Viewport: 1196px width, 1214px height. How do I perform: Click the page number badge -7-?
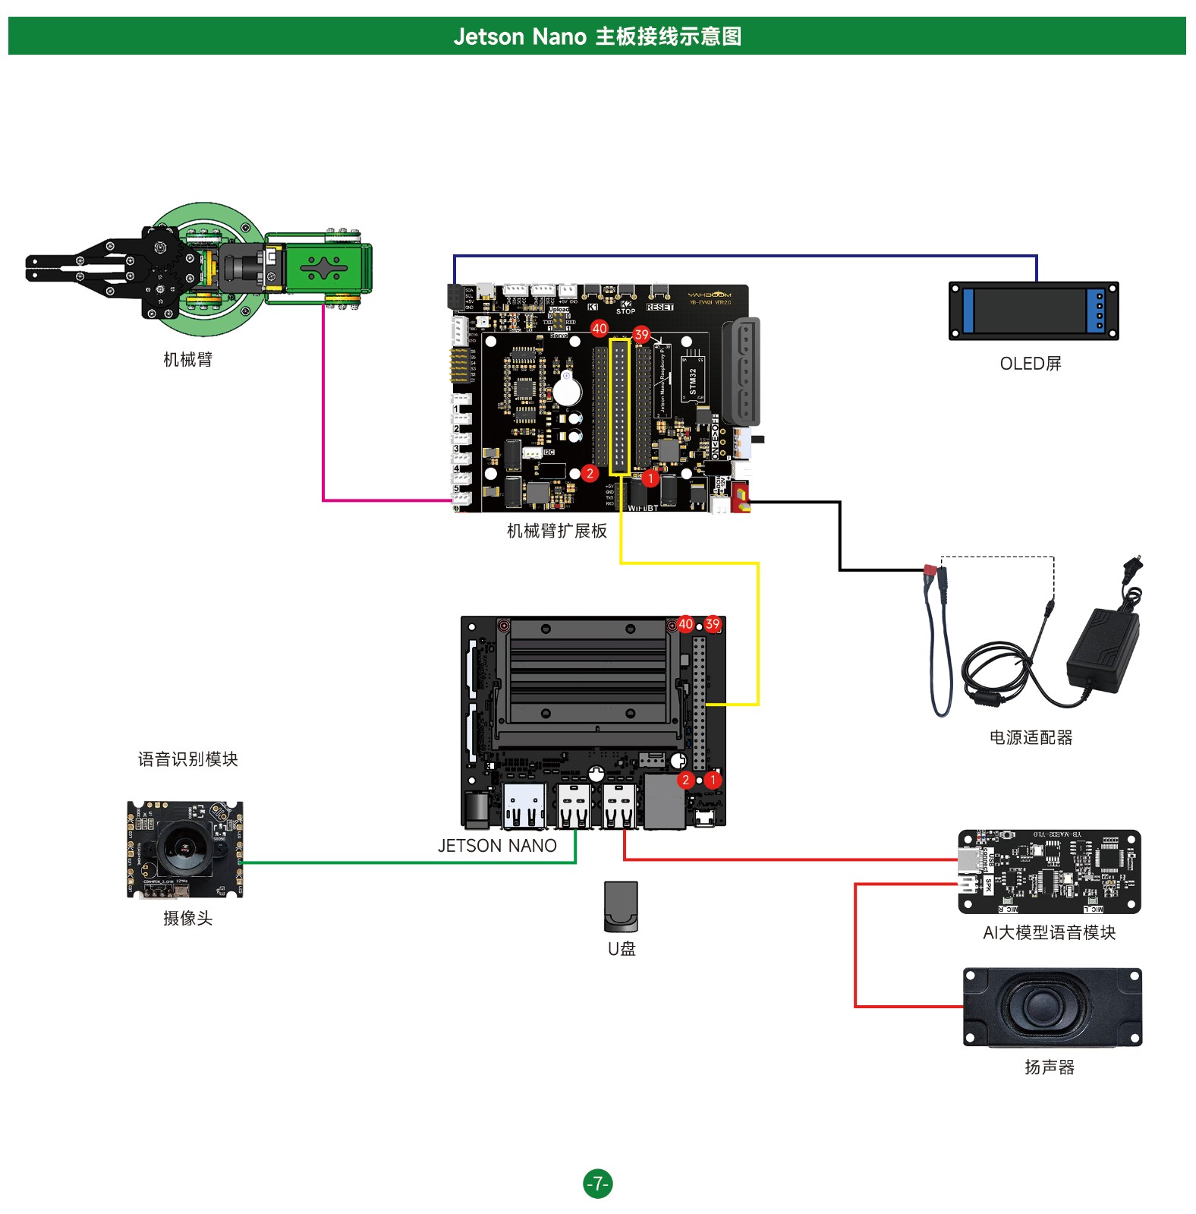[x=597, y=1183]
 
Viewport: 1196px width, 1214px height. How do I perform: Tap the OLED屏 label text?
[x=1030, y=364]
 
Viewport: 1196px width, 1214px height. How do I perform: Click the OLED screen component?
[x=1033, y=311]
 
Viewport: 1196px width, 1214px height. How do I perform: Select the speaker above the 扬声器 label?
[x=1052, y=1007]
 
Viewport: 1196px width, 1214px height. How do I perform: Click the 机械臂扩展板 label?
[x=556, y=531]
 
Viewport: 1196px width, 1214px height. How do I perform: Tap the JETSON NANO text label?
[x=497, y=846]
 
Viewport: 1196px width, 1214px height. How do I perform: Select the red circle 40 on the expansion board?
[x=600, y=329]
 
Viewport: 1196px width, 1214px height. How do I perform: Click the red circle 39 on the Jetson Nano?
[x=712, y=624]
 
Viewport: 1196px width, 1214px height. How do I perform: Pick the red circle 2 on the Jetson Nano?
[x=685, y=780]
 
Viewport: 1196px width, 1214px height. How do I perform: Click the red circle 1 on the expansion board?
[x=650, y=478]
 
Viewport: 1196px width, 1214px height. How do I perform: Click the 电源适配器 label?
[x=1031, y=737]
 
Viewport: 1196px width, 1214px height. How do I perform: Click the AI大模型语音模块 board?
[x=1050, y=871]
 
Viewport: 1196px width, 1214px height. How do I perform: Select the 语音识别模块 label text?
[x=187, y=759]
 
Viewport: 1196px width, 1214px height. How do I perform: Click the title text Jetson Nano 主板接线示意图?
[x=597, y=36]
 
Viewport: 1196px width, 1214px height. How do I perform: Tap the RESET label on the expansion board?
[x=659, y=307]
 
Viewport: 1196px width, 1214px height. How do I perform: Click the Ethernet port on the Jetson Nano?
[x=663, y=802]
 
